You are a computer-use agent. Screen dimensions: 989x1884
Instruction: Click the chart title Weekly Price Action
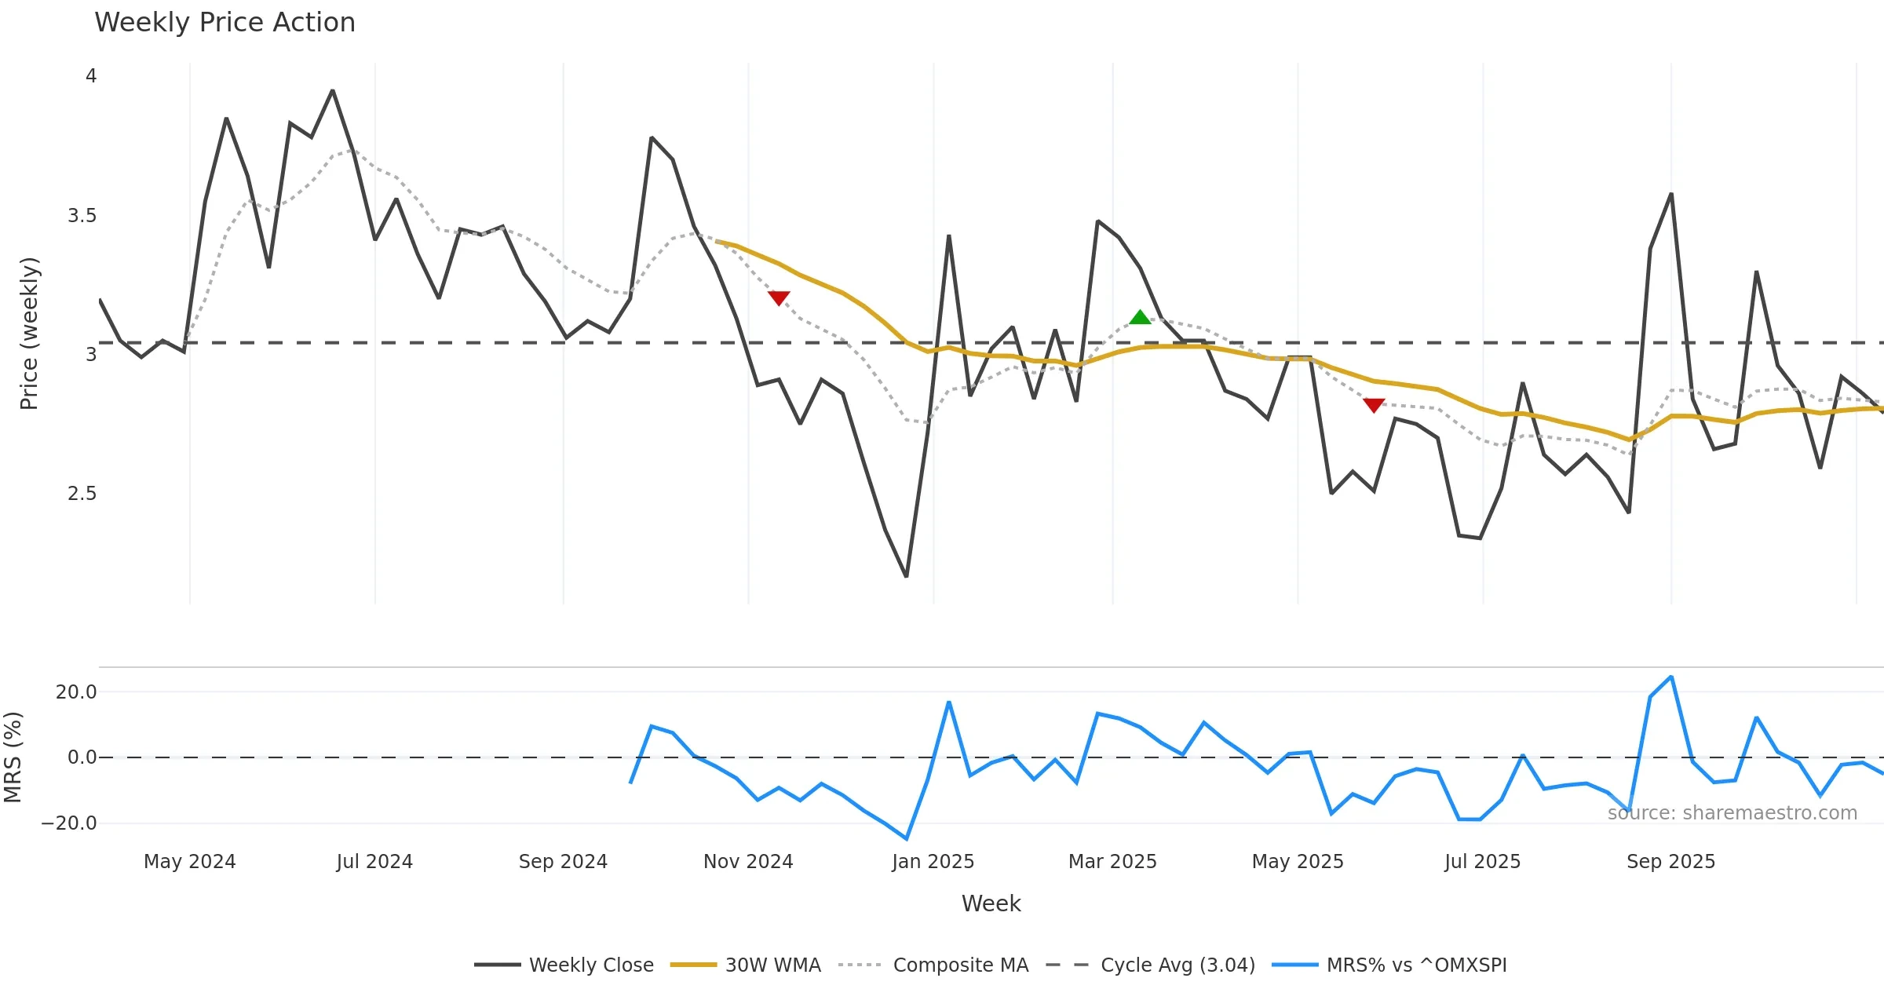tap(225, 23)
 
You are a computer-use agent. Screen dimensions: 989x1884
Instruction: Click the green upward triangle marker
tap(1140, 317)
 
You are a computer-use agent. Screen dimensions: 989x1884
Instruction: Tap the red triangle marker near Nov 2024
tap(779, 297)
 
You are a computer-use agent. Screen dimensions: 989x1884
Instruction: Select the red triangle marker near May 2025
tap(1374, 405)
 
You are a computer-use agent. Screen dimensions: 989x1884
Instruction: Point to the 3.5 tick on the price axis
tap(82, 216)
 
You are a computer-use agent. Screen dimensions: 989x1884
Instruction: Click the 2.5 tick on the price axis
tap(82, 494)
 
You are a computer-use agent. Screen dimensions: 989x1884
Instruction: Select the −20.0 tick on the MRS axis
tap(69, 823)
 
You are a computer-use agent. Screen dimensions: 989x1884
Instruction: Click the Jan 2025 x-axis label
tap(933, 862)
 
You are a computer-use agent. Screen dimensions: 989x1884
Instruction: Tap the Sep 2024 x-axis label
tap(563, 862)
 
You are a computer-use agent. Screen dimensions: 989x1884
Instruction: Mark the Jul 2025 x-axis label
tap(1482, 862)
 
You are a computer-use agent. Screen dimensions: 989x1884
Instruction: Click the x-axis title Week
tap(991, 904)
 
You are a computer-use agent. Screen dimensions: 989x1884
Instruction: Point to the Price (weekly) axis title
tap(29, 334)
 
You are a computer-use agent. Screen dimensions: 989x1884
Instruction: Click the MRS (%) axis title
tap(13, 757)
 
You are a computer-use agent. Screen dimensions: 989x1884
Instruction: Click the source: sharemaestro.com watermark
tap(1732, 813)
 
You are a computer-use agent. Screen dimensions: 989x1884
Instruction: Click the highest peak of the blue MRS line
tap(1671, 677)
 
